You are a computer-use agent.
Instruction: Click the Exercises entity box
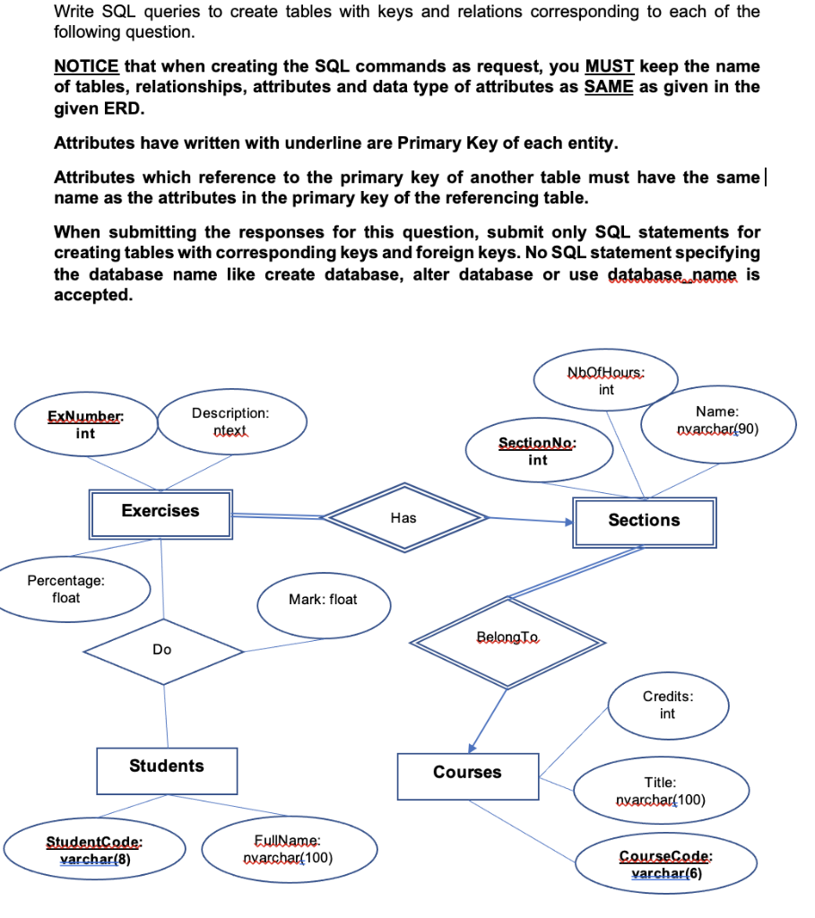click(160, 512)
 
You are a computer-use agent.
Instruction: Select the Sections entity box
click(644, 521)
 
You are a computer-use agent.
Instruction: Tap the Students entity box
click(167, 766)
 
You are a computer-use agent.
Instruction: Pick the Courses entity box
click(467, 773)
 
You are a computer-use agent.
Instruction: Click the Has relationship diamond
click(403, 517)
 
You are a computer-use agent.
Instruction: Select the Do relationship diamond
click(162, 650)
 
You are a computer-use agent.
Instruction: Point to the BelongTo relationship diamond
click(507, 637)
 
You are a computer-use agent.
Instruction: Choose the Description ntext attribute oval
click(230, 422)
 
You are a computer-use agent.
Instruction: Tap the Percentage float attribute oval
click(65, 589)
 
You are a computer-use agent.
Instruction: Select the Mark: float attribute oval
click(323, 600)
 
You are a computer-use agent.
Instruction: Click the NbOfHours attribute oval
click(606, 381)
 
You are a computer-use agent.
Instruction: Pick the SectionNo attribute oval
click(537, 452)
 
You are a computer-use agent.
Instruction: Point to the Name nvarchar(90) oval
click(716, 420)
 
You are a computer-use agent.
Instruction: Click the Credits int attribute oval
click(667, 706)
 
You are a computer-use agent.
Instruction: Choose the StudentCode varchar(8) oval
click(95, 851)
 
